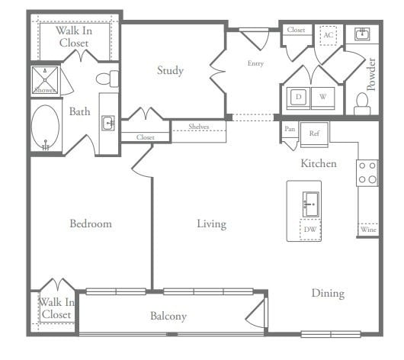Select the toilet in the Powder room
[x=361, y=102]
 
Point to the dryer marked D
[x=298, y=98]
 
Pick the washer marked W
[x=322, y=98]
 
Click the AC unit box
[x=329, y=36]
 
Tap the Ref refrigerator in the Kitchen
[x=314, y=133]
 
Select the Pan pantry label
[x=290, y=130]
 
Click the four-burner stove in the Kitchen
[x=367, y=172]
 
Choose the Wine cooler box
[x=367, y=229]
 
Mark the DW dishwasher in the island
[x=309, y=230]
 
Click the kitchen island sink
[x=309, y=204]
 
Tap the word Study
[x=170, y=71]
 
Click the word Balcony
[x=168, y=316]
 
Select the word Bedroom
[x=91, y=223]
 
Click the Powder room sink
[x=361, y=34]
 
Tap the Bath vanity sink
[x=108, y=122]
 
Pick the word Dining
[x=327, y=293]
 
